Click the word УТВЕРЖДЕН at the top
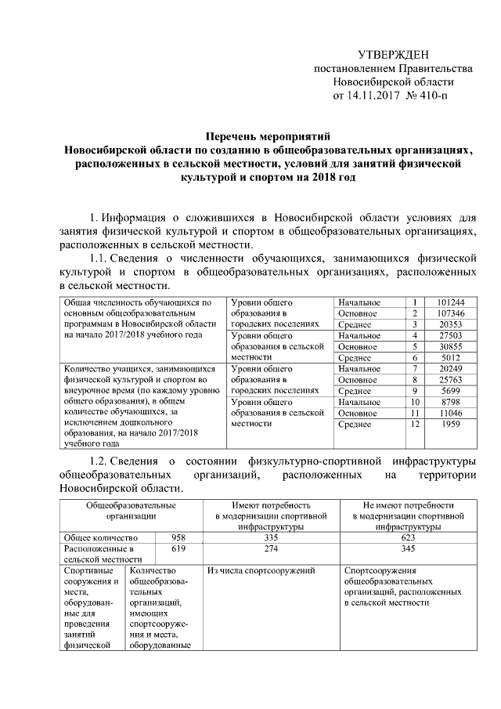click(393, 54)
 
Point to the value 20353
click(453, 324)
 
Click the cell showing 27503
click(453, 335)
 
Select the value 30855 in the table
click(453, 346)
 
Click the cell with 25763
click(453, 380)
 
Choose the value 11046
click(453, 413)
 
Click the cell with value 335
click(271, 538)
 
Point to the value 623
click(409, 538)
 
